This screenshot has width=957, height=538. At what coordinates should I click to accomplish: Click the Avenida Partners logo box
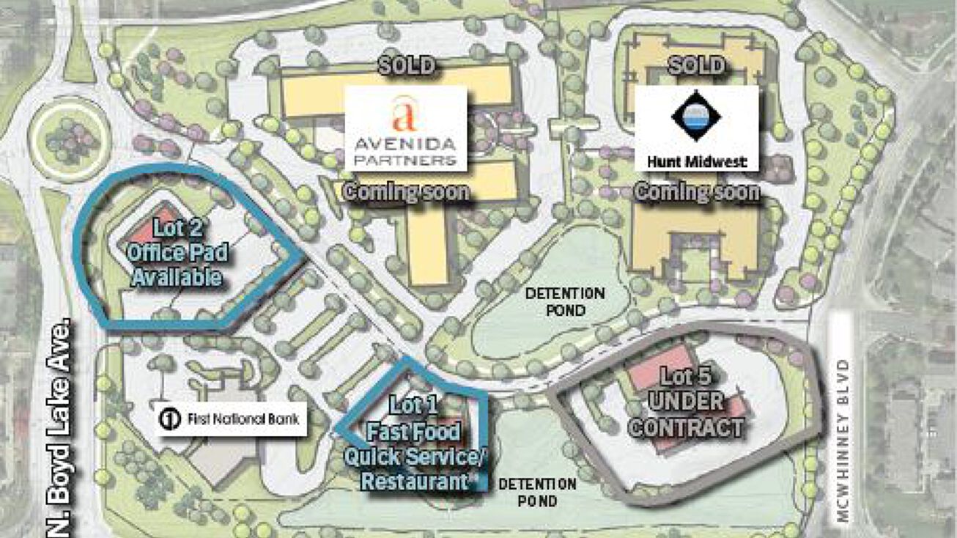[x=405, y=128]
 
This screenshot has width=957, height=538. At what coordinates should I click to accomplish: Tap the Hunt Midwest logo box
[x=696, y=128]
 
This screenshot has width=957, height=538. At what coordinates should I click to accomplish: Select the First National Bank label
[x=230, y=419]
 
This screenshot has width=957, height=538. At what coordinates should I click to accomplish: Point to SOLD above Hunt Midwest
[x=696, y=66]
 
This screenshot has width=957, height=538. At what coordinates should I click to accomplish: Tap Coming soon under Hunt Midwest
[x=696, y=192]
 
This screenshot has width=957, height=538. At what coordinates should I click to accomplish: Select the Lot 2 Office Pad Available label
[x=175, y=253]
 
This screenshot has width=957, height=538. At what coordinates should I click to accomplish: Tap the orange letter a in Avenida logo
[x=404, y=115]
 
